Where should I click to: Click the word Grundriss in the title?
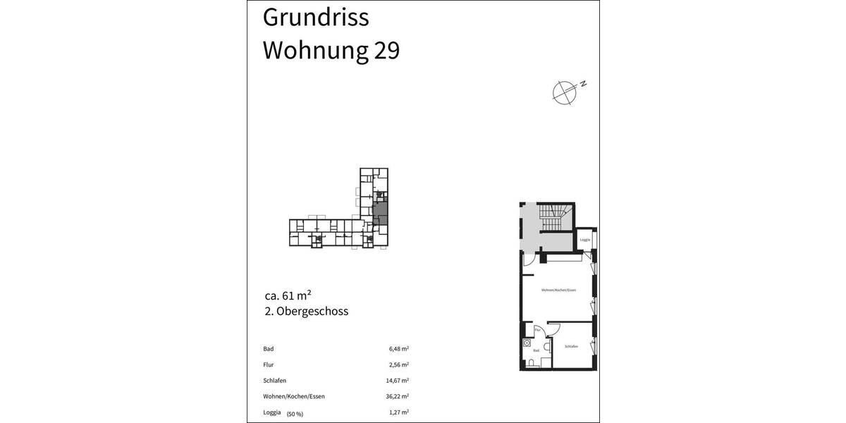[x=315, y=18]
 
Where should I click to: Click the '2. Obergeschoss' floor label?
[x=305, y=311]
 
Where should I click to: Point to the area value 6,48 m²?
[x=399, y=348]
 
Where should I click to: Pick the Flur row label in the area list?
[x=269, y=364]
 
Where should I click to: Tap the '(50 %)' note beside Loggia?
[x=295, y=413]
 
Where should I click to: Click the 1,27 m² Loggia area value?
[x=399, y=412]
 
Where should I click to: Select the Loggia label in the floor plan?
[x=584, y=240]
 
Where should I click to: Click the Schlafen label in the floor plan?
[x=571, y=346]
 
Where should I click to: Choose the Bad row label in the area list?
[x=268, y=349]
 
